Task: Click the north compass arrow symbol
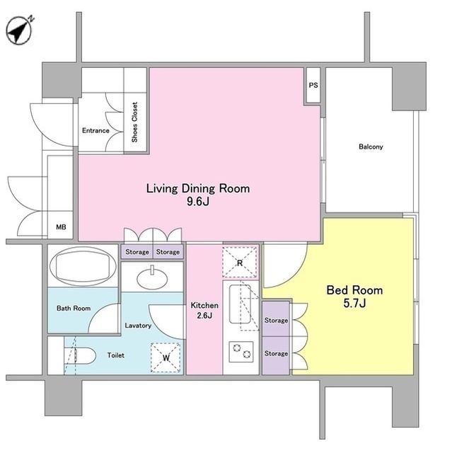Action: point(19,30)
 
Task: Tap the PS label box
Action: point(313,85)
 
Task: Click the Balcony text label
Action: point(371,147)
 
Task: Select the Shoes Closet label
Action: point(134,122)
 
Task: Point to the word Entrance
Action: point(95,130)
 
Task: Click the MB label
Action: point(61,227)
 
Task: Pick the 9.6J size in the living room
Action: point(198,201)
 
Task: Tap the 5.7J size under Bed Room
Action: point(354,303)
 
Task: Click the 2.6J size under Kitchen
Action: point(204,315)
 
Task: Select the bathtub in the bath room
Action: point(83,266)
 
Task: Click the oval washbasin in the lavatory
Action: point(152,278)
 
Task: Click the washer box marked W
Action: point(166,357)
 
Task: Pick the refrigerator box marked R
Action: point(240,263)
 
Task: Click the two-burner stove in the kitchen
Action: point(241,352)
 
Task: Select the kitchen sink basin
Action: point(240,304)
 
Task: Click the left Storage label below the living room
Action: point(137,252)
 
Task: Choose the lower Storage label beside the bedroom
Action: point(276,354)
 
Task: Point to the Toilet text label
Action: point(116,355)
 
